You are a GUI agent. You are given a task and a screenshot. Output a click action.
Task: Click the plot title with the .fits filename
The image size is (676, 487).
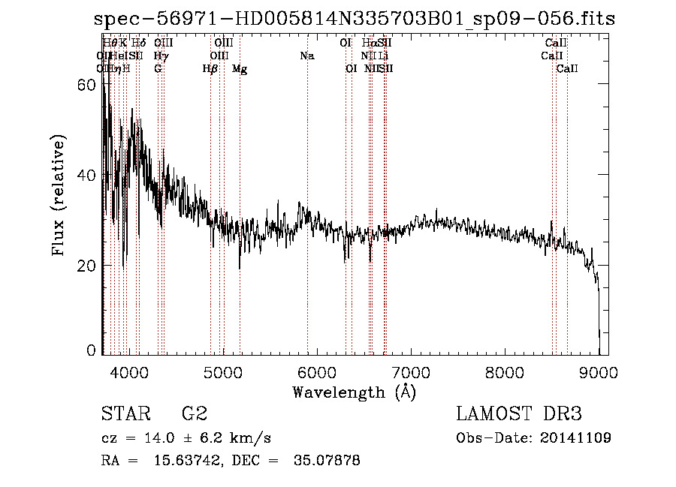pyautogui.click(x=355, y=19)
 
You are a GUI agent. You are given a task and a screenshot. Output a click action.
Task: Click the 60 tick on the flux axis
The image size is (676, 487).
pyautogui.click(x=88, y=85)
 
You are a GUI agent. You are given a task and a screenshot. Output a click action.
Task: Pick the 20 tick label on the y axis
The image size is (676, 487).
pyautogui.click(x=88, y=266)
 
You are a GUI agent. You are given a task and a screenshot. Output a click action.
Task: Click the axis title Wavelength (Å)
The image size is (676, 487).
pyautogui.click(x=354, y=391)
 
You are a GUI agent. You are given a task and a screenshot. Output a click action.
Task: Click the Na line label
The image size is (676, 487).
pyautogui.click(x=306, y=56)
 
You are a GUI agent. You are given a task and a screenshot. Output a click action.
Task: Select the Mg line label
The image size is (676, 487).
pyautogui.click(x=240, y=69)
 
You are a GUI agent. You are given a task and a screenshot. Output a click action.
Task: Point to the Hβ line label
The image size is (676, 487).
pyautogui.click(x=210, y=69)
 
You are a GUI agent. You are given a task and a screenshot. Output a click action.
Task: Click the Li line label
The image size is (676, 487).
pyautogui.click(x=383, y=56)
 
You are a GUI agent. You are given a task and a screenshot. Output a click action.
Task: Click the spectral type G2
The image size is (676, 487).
pyautogui.click(x=194, y=413)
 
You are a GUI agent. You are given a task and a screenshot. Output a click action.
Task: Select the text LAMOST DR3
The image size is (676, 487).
pyautogui.click(x=518, y=413)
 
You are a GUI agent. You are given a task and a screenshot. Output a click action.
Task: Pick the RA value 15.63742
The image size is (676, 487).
pyautogui.click(x=191, y=461)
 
